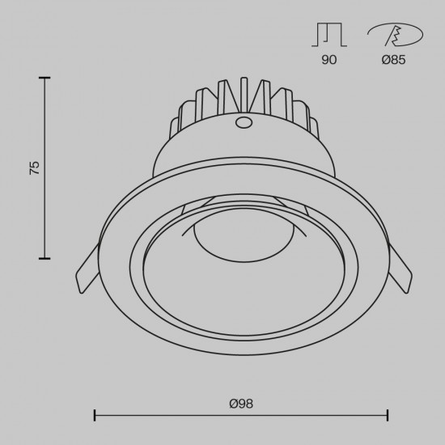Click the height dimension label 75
[x=34, y=168]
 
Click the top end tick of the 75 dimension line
[x=44, y=78]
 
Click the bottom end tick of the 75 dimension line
[x=44, y=258]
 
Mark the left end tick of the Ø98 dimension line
[x=95, y=416]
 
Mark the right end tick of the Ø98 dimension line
[x=388, y=416]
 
